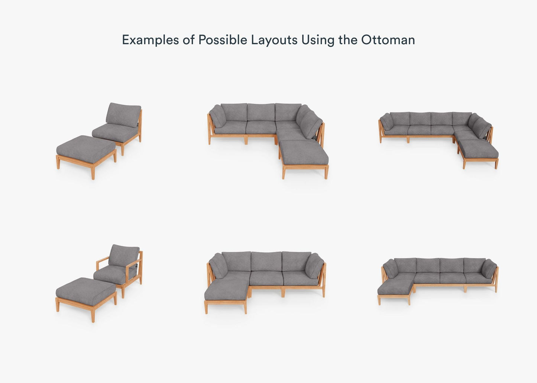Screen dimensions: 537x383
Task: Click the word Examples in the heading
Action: (151, 40)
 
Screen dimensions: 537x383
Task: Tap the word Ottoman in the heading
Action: (388, 39)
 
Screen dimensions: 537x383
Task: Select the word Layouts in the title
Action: (274, 40)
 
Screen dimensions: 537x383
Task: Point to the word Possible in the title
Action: (223, 39)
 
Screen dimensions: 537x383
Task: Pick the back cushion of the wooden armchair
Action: (124, 256)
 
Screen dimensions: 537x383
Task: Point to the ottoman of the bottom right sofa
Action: (395, 291)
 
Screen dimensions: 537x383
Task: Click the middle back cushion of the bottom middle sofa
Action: (266, 261)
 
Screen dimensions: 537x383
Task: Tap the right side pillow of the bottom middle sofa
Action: (314, 266)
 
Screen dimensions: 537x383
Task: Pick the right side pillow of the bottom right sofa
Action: (489, 269)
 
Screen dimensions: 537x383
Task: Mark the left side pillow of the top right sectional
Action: (387, 122)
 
